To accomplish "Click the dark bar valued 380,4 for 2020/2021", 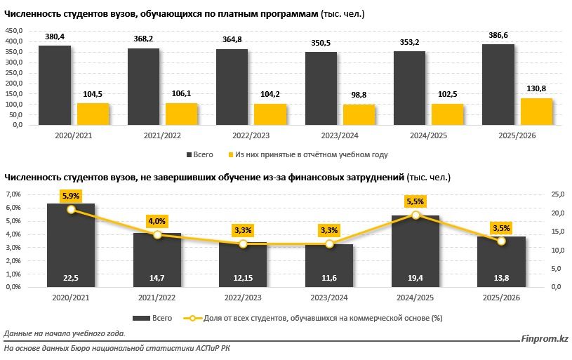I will (x=54, y=85).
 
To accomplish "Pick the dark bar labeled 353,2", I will (x=409, y=88).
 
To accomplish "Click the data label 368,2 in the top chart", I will (x=142, y=40).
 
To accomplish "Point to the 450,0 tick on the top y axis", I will (x=14, y=30).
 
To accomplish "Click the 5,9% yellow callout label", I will (x=70, y=196).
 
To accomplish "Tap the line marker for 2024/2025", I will (x=415, y=215).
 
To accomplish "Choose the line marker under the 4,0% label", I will (x=157, y=234).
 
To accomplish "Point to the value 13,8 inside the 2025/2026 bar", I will (x=501, y=279).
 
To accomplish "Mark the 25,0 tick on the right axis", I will (x=539, y=194).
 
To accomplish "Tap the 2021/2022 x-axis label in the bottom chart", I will (x=157, y=298).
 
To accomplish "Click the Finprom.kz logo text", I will (x=545, y=340).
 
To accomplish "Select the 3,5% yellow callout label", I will (x=501, y=227).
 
